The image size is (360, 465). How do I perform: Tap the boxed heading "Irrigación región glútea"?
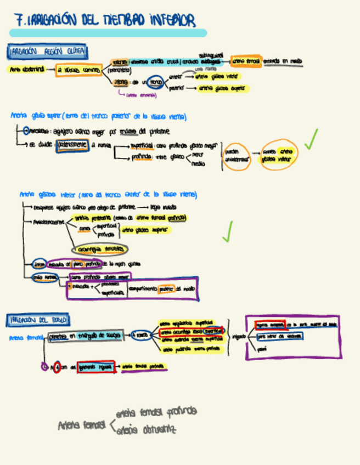[48, 52]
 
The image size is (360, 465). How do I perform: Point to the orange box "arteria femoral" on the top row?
[246, 61]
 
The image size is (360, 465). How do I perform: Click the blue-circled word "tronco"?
[155, 82]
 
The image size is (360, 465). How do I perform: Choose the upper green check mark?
[311, 139]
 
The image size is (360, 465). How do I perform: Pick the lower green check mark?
[227, 231]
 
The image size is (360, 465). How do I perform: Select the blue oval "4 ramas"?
[141, 335]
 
